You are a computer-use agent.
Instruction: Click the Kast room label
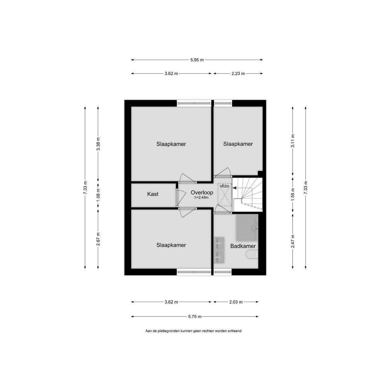coord(153,194)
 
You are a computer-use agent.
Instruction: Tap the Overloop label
coord(202,193)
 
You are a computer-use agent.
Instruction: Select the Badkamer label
coord(243,246)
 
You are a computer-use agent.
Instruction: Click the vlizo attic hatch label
coord(224,186)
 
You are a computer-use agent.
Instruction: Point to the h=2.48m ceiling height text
coord(202,197)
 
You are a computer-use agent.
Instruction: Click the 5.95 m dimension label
coord(197,60)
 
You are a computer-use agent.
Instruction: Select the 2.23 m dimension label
coord(238,74)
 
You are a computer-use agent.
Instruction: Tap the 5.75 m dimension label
coord(195,316)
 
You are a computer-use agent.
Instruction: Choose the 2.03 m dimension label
coord(236,302)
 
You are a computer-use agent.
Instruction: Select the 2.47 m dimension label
coord(293,241)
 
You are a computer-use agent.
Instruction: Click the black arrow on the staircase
coord(235,188)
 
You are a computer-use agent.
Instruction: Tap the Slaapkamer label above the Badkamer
coord(238,144)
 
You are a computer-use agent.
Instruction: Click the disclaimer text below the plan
coord(193,331)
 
